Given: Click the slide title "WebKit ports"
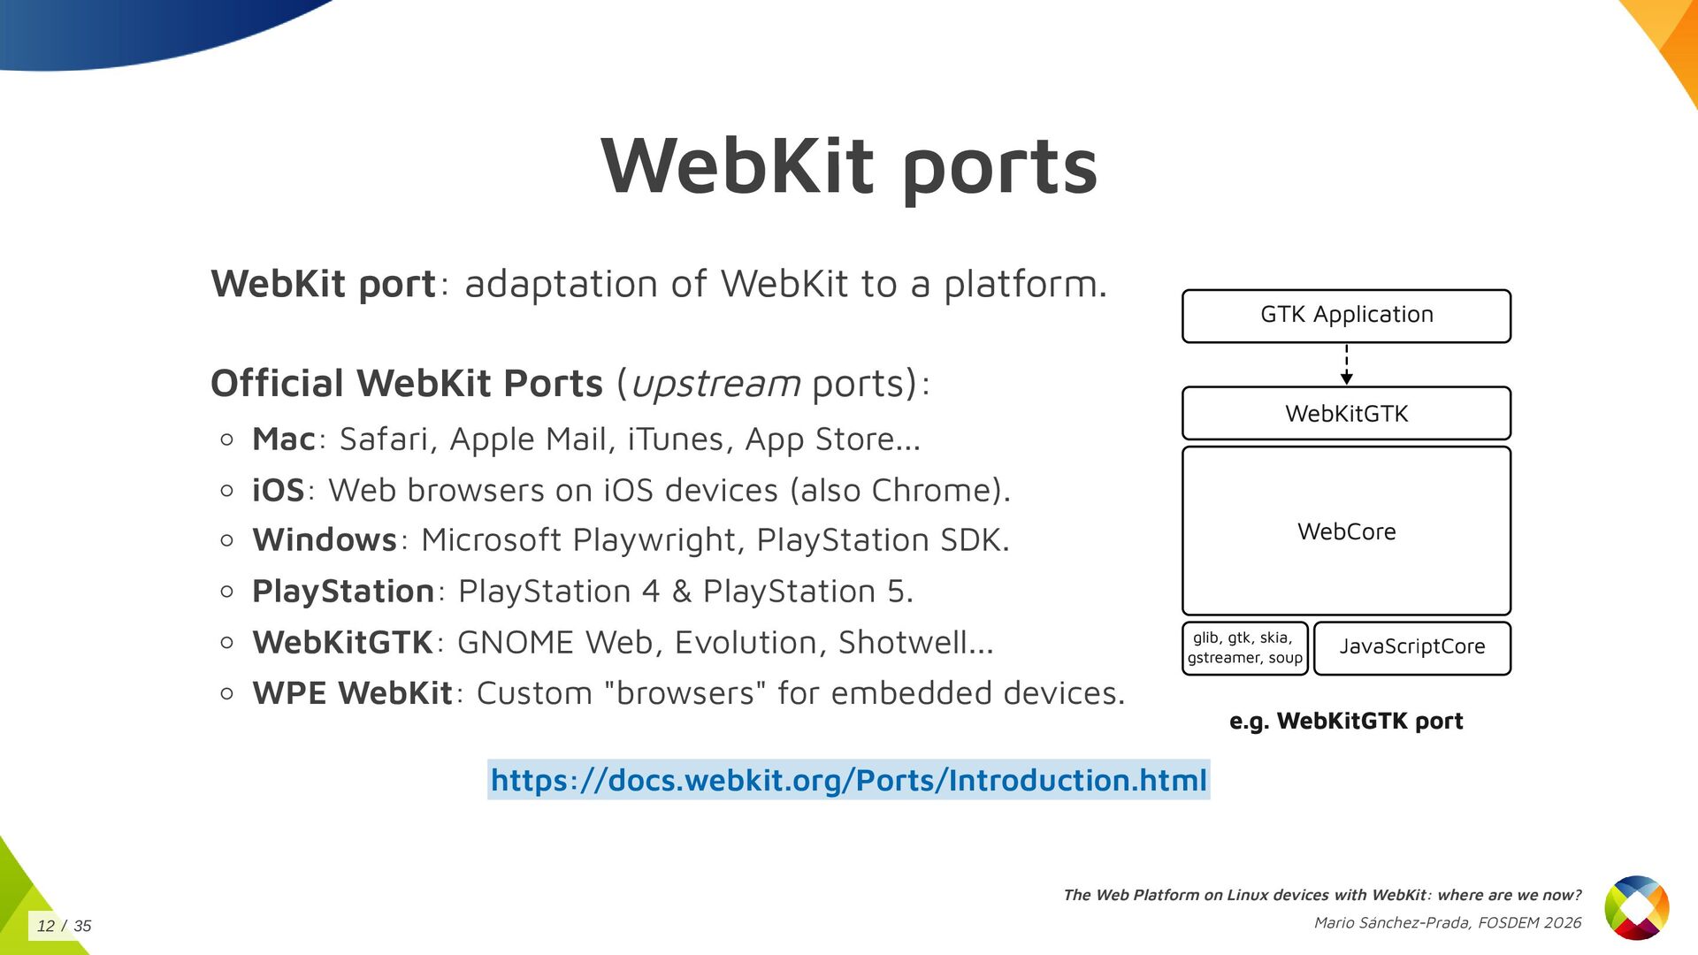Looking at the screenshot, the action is (849, 166).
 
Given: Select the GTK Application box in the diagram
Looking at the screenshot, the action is (1346, 316).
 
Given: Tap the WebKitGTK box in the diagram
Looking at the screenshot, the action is (1346, 413).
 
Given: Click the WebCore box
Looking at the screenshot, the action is (1346, 531).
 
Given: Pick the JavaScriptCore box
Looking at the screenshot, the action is (1411, 647).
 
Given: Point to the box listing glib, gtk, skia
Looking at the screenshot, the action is (1244, 648).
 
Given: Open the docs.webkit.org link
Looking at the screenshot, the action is (848, 780).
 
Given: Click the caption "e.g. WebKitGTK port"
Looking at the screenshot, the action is (1346, 722).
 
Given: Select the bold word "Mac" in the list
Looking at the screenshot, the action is (284, 439).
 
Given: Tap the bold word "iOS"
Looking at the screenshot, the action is (278, 491).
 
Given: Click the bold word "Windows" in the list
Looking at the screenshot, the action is (325, 540).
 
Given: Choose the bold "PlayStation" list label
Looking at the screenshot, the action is (343, 592).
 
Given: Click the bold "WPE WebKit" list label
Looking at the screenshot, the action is (352, 693).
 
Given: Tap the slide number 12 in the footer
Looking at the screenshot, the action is (46, 926).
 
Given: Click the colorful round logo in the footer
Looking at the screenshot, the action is (1636, 907).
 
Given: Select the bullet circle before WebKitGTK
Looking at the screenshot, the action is (227, 643).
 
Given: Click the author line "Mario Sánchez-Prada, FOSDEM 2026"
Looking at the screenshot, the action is (1447, 923).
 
